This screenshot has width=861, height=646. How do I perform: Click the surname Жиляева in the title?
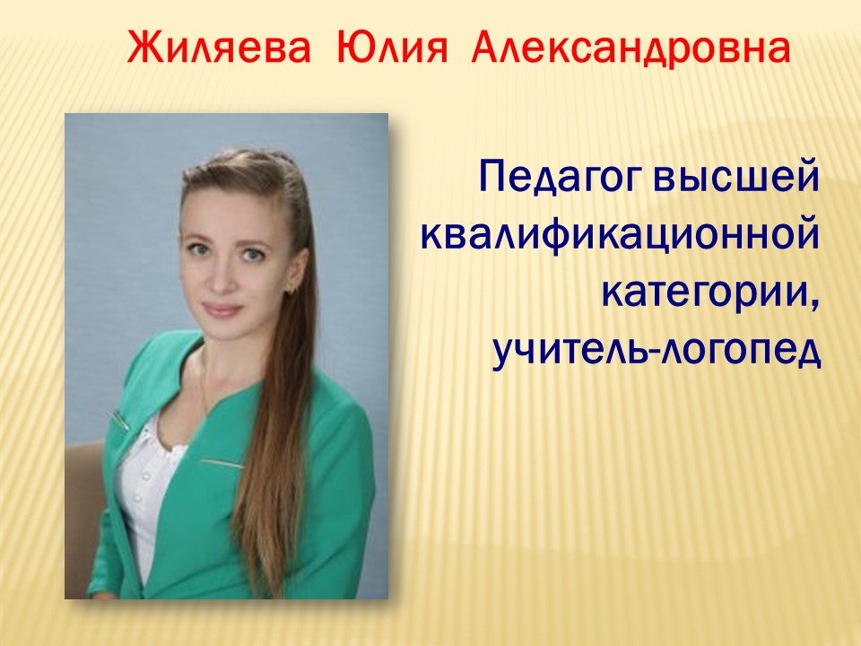tap(219, 48)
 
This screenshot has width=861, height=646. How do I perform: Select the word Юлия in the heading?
tap(390, 48)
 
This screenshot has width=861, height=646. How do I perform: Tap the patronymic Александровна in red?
tap(631, 48)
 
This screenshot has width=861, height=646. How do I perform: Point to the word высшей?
tap(737, 177)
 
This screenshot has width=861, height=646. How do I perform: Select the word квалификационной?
tap(621, 236)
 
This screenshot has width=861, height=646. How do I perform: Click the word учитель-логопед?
tap(657, 351)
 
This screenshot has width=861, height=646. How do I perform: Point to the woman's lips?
tap(222, 310)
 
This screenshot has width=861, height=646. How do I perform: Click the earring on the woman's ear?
tap(293, 285)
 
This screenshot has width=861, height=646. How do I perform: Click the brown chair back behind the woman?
tap(83, 494)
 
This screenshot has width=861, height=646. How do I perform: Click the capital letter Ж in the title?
tap(141, 48)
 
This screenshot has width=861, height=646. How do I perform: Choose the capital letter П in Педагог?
tap(492, 177)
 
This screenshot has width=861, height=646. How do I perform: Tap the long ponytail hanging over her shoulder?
tap(274, 440)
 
